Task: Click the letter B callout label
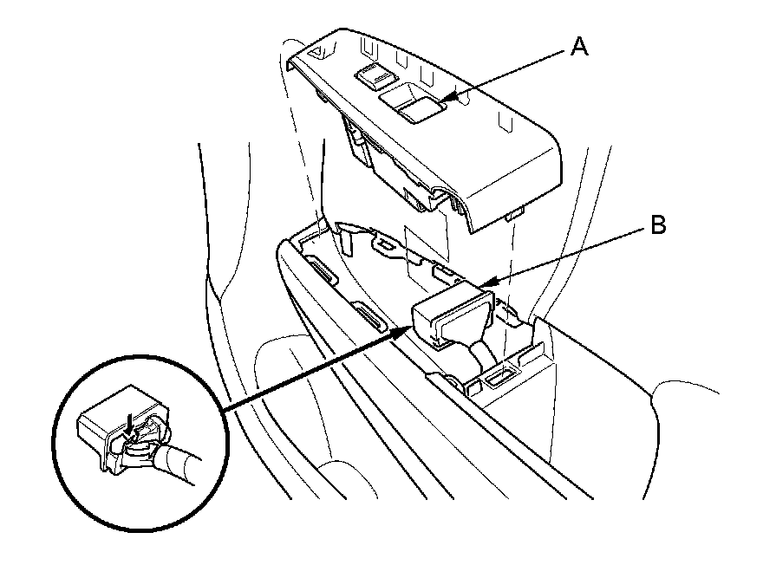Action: coord(657,226)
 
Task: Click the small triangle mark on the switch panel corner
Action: coord(320,54)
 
